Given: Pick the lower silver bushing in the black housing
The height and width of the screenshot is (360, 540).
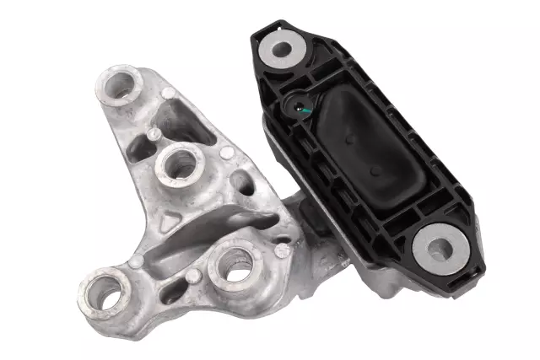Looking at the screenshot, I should [438, 247].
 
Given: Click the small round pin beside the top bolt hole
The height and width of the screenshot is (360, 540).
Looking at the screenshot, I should [168, 92].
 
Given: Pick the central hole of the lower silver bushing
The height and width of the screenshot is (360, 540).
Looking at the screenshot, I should [438, 247].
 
